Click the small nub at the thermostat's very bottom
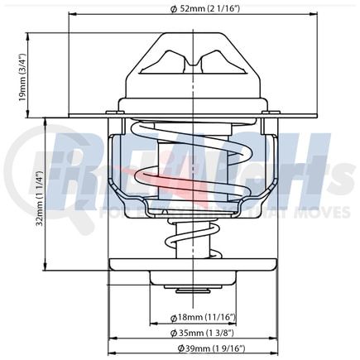pos(192,291)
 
